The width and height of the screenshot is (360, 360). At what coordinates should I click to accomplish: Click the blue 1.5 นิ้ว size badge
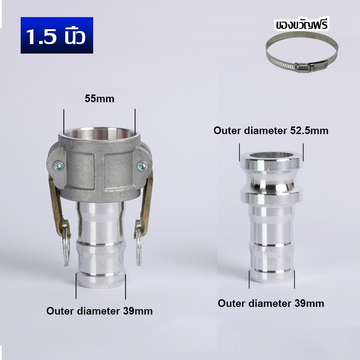click(57, 35)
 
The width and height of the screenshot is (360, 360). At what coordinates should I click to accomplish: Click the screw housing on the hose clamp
click(302, 67)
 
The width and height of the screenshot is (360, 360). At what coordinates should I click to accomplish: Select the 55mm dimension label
click(99, 99)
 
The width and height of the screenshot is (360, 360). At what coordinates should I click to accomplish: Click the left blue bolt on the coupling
click(58, 166)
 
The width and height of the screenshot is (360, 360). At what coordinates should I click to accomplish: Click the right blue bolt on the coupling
click(143, 166)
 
